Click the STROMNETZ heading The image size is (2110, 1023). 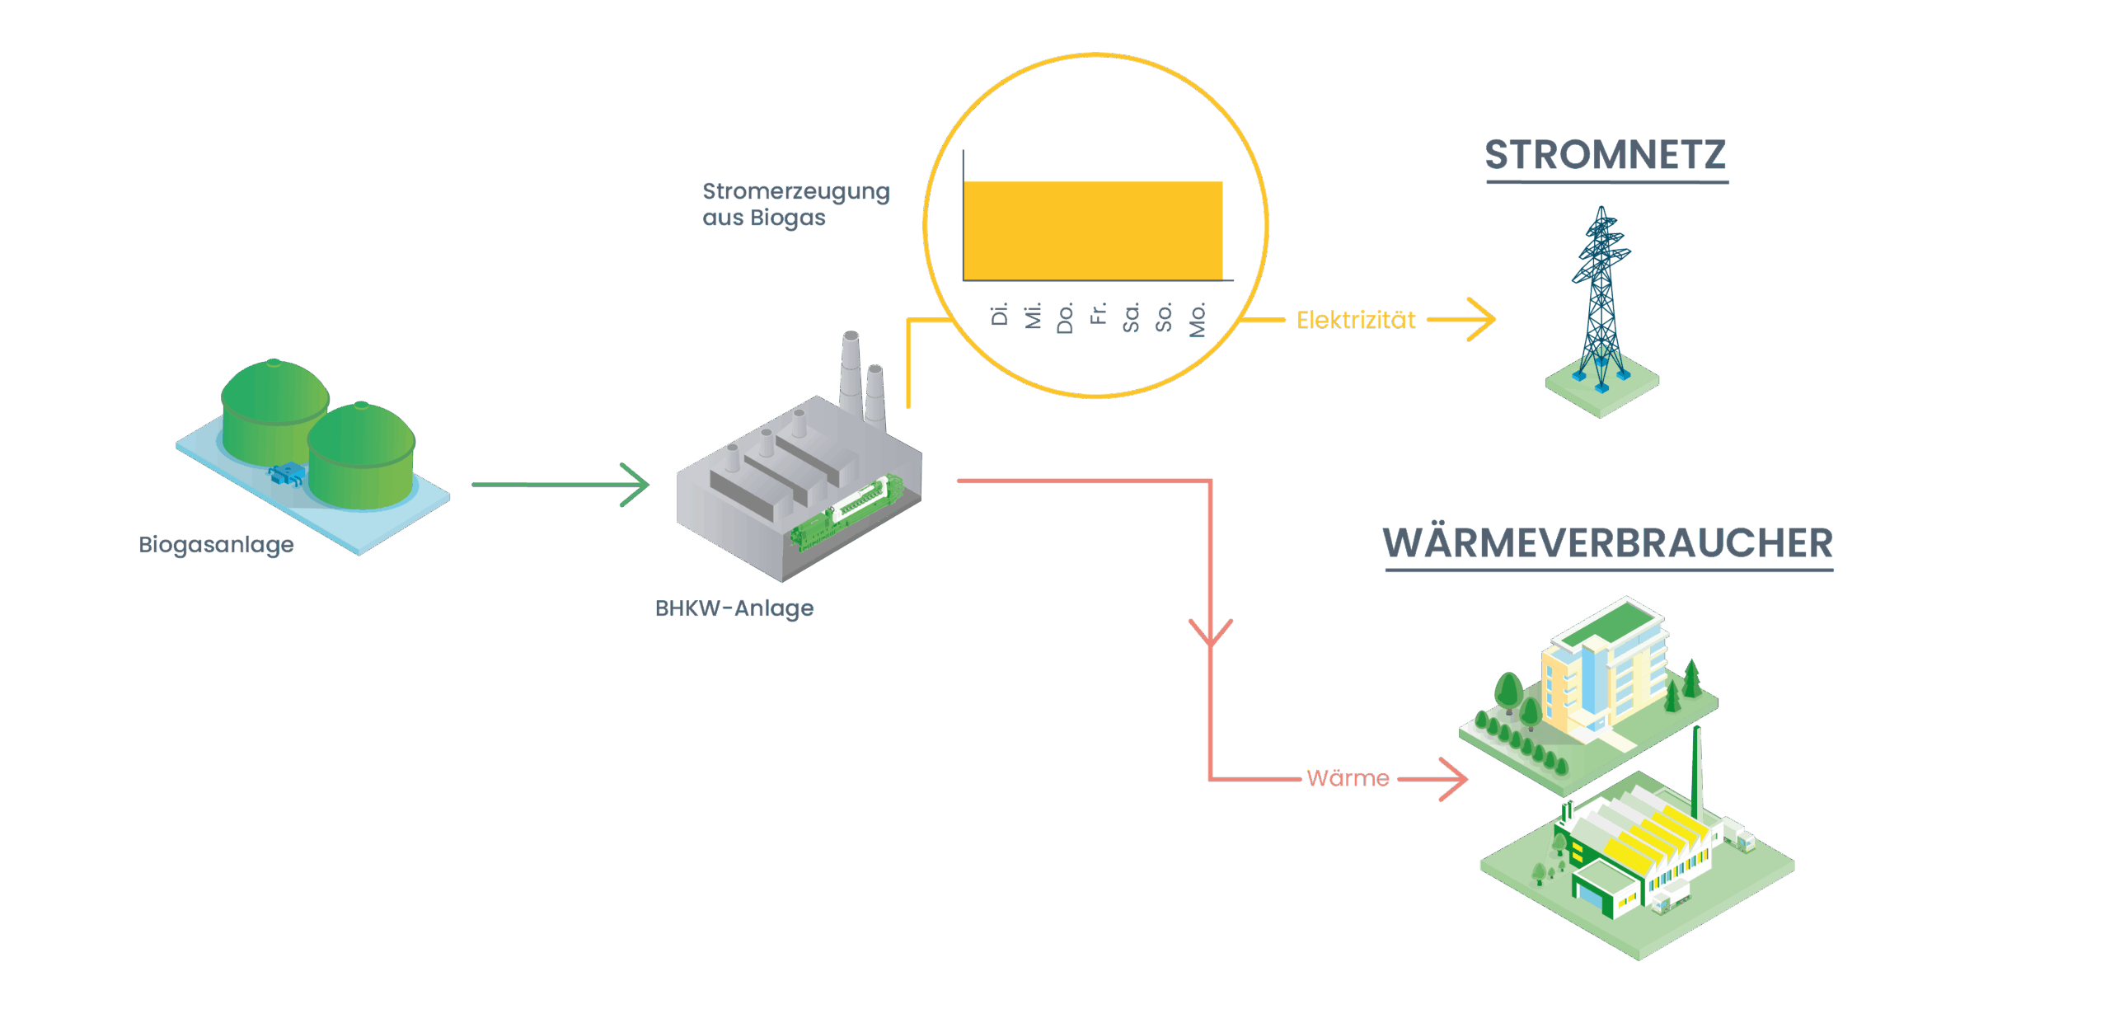click(x=1606, y=155)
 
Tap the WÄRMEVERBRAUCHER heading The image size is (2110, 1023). click(x=1607, y=543)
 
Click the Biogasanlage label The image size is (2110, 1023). click(x=216, y=545)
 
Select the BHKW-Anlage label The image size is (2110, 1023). click(x=734, y=608)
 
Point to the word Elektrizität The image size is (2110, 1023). click(x=1356, y=320)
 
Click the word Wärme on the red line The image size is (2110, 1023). click(x=1348, y=778)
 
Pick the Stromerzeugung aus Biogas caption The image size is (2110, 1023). click(x=795, y=204)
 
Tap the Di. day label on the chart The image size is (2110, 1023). click(x=1000, y=314)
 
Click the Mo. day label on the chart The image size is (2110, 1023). click(x=1198, y=319)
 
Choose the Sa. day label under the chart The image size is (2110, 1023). click(x=1131, y=317)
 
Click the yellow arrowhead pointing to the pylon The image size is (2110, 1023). click(x=1484, y=320)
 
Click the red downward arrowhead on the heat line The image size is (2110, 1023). click(x=1210, y=632)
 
